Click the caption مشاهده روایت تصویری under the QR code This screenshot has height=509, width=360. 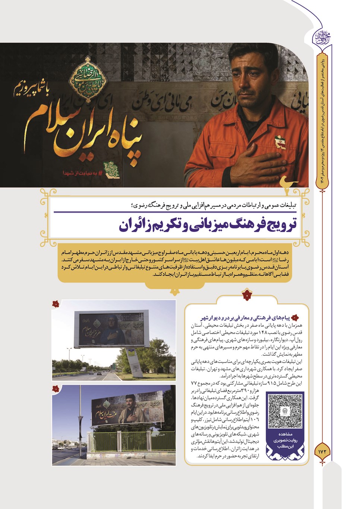coord(285,440)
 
